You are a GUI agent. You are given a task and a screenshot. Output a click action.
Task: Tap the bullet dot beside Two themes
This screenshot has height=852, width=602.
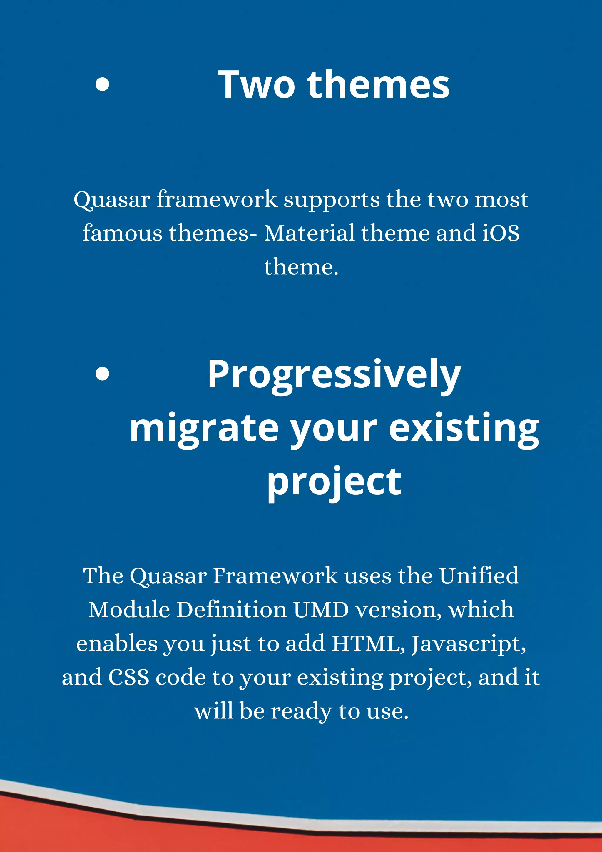pyautogui.click(x=102, y=84)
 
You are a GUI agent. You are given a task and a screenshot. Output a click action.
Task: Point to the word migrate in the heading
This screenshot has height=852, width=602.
pyautogui.click(x=204, y=428)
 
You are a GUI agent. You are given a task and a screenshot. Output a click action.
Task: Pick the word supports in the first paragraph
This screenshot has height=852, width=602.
pyautogui.click(x=332, y=200)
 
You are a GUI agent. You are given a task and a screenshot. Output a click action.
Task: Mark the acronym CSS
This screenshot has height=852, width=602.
pyautogui.click(x=128, y=677)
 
